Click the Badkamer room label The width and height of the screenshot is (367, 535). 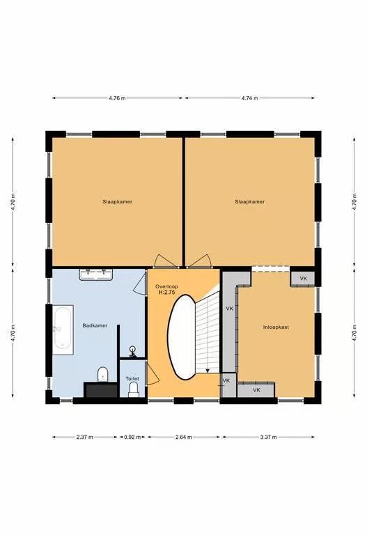pos(95,325)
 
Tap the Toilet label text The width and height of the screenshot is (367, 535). pos(132,379)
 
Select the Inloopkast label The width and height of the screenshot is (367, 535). pos(276,327)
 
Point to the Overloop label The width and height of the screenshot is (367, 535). pos(166,286)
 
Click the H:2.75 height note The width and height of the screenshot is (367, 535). pos(167,293)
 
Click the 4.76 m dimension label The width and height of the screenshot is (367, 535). pos(117,98)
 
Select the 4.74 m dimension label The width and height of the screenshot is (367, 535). pos(250,98)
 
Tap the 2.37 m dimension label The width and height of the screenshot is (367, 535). pos(84,437)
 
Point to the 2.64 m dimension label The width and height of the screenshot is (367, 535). pos(184,437)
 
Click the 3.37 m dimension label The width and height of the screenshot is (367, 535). pos(268,437)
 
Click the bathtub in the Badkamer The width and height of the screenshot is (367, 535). pos(63,329)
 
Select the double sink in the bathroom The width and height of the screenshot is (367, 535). pos(96,274)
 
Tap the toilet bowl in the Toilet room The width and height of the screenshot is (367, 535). pos(134,389)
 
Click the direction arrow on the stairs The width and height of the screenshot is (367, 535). pos(207,371)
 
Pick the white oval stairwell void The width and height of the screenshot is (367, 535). pos(182,337)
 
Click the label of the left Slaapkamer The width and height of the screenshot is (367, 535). pos(117,201)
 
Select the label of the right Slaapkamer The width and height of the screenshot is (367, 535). pos(250,201)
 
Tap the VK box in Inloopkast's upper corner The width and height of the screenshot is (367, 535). pos(303,279)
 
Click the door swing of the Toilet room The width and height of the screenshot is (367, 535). pos(153,374)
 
